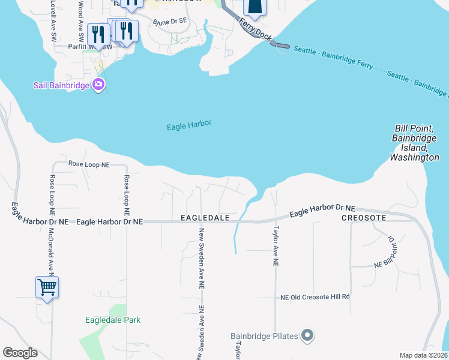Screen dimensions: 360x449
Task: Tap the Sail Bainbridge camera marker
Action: [x=99, y=85]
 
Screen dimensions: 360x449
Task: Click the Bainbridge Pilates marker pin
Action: [x=307, y=335]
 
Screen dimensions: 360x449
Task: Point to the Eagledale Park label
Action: [x=113, y=320]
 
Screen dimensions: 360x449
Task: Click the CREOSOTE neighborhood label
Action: [x=364, y=217]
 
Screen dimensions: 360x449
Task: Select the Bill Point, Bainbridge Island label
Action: [x=414, y=143]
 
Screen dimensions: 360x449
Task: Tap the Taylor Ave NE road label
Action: [x=276, y=246]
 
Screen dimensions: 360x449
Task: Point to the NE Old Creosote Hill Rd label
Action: [x=315, y=297]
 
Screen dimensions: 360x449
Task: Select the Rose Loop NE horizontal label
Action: [x=89, y=163]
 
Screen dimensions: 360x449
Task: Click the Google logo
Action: [x=20, y=353]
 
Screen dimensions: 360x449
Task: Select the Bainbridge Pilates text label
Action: [x=265, y=336]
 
